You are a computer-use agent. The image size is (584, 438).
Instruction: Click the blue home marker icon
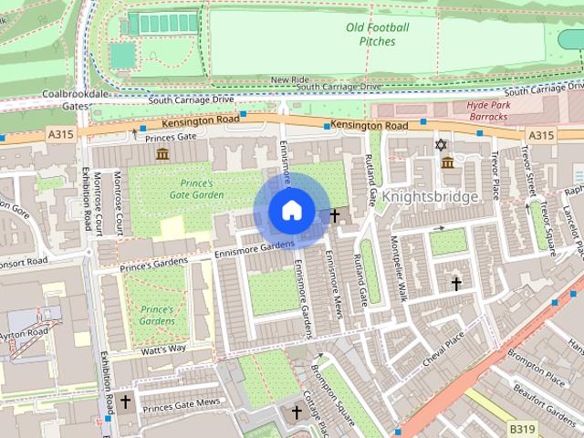click(x=290, y=211)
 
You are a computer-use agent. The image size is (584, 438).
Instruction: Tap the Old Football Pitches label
click(x=378, y=35)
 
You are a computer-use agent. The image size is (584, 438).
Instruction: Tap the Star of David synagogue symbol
click(x=442, y=145)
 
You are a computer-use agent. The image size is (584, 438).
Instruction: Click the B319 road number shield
click(x=522, y=428)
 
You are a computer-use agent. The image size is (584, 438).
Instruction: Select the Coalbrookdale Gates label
click(x=66, y=99)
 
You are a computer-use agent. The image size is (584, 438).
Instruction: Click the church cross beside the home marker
click(x=335, y=215)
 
